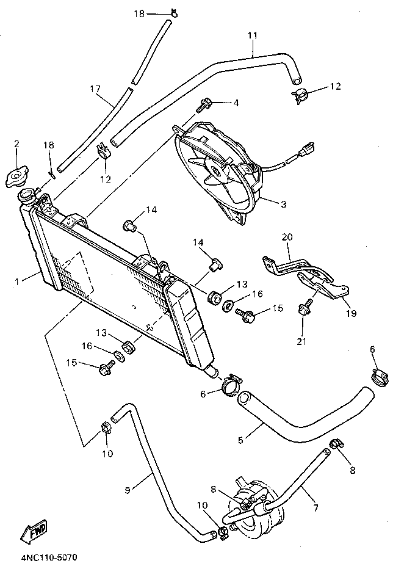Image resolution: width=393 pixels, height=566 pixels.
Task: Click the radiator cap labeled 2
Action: coord(16,178)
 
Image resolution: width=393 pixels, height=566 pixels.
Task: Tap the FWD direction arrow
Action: coord(35,532)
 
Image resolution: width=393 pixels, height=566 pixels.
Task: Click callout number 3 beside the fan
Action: coord(283,204)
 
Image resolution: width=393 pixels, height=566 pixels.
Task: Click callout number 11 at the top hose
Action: coord(253,35)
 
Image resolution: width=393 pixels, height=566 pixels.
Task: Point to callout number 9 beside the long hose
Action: coord(128,488)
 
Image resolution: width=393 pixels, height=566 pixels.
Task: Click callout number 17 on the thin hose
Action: coord(95,89)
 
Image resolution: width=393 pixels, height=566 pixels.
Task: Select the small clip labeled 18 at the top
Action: coord(175,13)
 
